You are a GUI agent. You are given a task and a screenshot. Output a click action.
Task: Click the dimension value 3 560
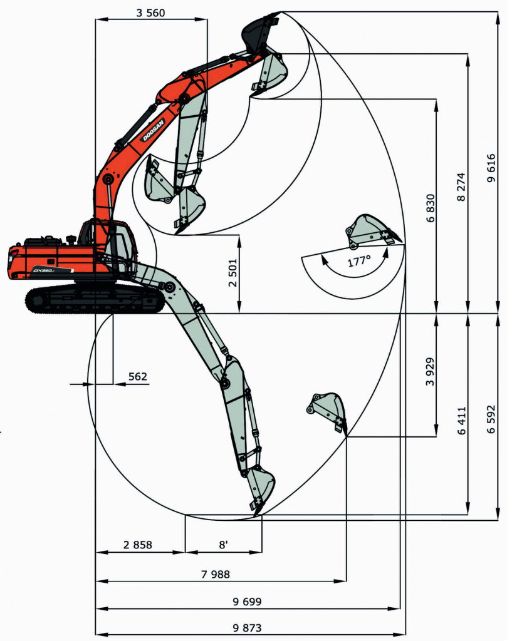(150, 13)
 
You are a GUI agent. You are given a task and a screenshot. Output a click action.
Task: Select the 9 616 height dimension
(491, 168)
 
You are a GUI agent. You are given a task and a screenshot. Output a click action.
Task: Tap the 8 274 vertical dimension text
(461, 187)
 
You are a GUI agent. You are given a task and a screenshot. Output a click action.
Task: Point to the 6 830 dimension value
(431, 208)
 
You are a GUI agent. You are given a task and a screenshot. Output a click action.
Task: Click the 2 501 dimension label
(233, 273)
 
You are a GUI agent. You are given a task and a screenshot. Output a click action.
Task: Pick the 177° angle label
(359, 261)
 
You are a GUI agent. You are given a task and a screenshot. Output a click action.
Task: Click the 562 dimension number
(137, 376)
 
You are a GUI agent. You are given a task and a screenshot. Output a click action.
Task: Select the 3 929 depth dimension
(430, 372)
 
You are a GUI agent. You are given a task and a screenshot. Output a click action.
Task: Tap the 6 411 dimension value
(462, 421)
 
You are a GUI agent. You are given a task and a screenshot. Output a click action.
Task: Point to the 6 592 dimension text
(491, 419)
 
